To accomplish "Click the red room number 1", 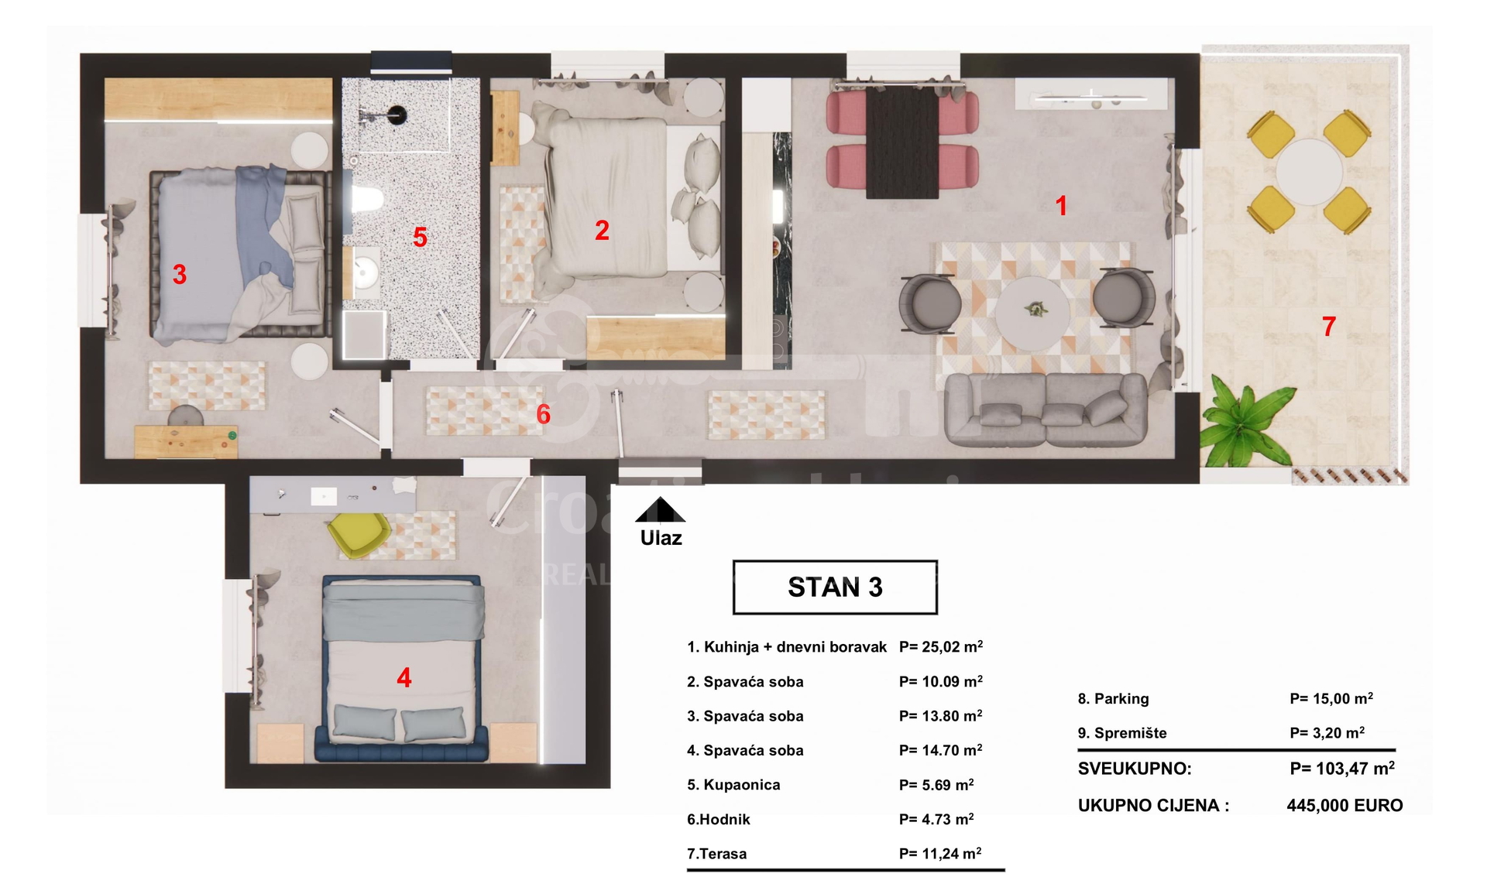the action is coord(1061,206).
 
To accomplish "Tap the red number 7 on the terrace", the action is coord(1329,327).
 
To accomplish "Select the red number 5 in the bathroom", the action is coord(420,237).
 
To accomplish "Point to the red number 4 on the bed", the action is coord(404,678).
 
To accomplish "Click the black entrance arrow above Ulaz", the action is coord(660,510).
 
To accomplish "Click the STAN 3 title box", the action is coord(835,588).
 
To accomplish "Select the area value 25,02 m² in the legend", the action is coord(941,646).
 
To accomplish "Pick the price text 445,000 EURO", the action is coord(1344,805).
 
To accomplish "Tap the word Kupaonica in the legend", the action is coord(742,785).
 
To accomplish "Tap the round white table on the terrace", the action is coord(1309,172).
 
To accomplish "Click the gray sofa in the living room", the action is coord(1046,409).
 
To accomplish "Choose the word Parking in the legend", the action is coord(1121,698).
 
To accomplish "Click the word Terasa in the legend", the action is coord(723,854).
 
